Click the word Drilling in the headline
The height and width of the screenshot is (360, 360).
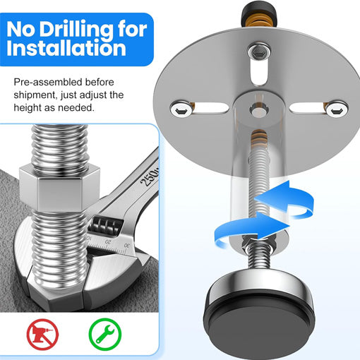point(77,30)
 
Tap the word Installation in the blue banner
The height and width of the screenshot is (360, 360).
point(66,48)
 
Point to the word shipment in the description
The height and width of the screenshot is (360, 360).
point(35,95)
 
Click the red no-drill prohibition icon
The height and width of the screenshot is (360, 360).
point(42,334)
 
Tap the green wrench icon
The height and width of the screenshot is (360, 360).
point(105,334)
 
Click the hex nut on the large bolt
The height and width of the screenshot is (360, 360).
point(59,188)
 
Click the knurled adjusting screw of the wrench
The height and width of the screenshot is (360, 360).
point(106,225)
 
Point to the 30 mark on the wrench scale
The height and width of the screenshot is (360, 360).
point(127,246)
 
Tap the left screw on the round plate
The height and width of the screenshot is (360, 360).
point(181,109)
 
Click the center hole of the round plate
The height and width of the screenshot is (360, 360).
point(258,110)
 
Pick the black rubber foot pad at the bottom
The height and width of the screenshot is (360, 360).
point(259,324)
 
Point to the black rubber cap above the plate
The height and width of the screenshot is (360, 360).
point(259,12)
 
